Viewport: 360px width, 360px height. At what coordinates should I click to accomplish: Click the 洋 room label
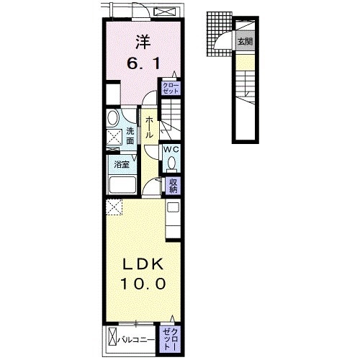(143, 42)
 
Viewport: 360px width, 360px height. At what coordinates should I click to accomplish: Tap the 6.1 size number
(143, 64)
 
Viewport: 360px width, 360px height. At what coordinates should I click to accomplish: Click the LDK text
(143, 264)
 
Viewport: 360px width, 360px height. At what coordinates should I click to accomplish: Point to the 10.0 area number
(143, 284)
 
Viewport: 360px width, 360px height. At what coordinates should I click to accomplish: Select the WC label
(171, 150)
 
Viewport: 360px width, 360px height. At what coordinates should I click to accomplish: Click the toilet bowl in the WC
(171, 163)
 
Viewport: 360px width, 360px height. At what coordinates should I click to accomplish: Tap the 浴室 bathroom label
(122, 164)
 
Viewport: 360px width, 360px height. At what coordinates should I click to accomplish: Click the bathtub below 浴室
(122, 185)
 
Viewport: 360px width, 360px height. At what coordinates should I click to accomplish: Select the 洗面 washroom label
(130, 136)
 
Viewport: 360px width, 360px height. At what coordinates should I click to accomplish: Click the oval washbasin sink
(113, 117)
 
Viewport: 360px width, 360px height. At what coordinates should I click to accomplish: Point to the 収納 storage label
(173, 186)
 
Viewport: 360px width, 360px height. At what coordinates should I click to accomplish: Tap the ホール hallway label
(149, 127)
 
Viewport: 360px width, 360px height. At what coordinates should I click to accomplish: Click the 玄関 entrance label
(245, 42)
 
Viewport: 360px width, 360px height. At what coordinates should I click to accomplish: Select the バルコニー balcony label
(136, 340)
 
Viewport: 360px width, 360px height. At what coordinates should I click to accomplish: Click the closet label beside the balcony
(171, 339)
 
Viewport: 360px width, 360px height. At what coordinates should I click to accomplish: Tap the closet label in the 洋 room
(171, 89)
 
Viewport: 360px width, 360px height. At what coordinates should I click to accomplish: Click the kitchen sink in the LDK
(173, 207)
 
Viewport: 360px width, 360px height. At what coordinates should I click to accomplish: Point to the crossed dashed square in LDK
(114, 207)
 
